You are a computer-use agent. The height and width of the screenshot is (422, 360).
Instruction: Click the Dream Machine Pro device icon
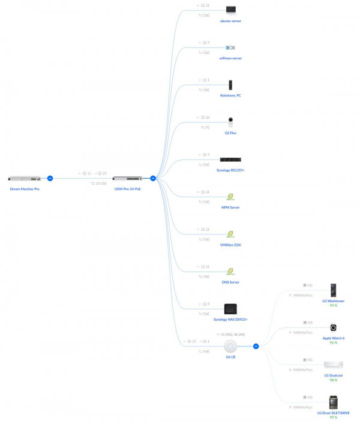24,179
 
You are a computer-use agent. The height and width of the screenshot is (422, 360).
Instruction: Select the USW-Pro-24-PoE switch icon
127,179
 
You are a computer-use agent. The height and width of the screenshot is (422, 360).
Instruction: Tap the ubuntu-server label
230,21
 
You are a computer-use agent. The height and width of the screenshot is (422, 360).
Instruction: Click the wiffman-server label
230,58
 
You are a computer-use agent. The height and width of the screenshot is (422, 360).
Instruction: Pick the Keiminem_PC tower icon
230,85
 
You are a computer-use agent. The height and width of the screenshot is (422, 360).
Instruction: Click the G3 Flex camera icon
230,122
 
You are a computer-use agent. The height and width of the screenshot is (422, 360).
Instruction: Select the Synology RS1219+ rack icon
230,159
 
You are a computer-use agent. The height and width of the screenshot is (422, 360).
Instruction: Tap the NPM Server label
230,207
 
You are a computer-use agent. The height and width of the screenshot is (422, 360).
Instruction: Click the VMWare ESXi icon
230,234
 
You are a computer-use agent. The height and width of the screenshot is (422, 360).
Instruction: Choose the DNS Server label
230,282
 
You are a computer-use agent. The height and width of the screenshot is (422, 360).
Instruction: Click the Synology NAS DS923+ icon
230,309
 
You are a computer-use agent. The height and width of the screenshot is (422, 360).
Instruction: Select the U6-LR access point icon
230,346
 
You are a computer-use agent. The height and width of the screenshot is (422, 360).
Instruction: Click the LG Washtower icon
333,290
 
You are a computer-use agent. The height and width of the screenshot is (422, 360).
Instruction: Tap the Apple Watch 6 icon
333,328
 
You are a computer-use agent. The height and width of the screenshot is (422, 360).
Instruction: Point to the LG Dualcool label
333,375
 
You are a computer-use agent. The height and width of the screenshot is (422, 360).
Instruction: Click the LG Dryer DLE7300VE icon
333,402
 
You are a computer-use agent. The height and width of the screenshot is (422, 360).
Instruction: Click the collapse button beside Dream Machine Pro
50,178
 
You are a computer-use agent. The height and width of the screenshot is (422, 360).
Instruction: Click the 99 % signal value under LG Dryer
333,417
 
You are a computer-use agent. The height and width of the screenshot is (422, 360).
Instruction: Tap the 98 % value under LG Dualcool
333,380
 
